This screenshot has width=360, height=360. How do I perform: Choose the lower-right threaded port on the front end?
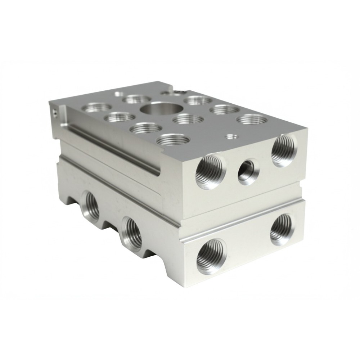[x=281, y=229]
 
